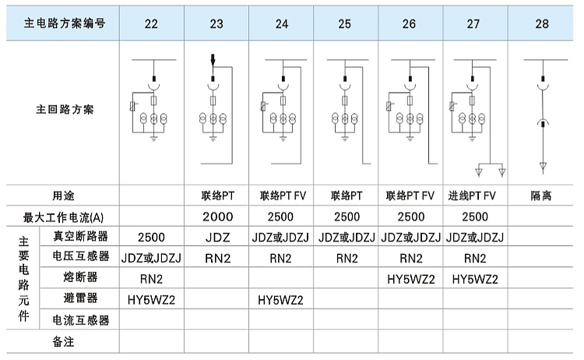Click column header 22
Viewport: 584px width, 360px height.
[151, 24]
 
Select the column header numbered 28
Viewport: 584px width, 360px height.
[542, 24]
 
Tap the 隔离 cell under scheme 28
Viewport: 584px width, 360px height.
[541, 196]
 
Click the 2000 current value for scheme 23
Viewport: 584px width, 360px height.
[218, 217]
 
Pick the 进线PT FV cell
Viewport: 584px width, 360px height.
[472, 196]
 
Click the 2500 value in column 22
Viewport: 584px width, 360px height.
[151, 238]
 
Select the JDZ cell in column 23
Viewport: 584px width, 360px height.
[218, 238]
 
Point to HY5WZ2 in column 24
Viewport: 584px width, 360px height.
[280, 300]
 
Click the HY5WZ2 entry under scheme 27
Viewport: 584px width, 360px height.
[475, 279]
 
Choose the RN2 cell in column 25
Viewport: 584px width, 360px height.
[347, 258]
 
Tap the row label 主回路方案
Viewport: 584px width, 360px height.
[65, 110]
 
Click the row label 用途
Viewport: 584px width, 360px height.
[63, 196]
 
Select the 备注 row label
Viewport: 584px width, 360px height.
[63, 341]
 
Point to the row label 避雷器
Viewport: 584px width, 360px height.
[80, 298]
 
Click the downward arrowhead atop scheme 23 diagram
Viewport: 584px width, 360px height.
[213, 60]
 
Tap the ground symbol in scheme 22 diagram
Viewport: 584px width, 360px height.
[154, 139]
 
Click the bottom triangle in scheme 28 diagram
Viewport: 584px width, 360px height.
[543, 167]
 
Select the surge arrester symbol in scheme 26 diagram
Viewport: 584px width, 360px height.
[389, 107]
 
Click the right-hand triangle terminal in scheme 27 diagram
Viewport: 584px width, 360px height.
[501, 171]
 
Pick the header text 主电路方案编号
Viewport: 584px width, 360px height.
[65, 23]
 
